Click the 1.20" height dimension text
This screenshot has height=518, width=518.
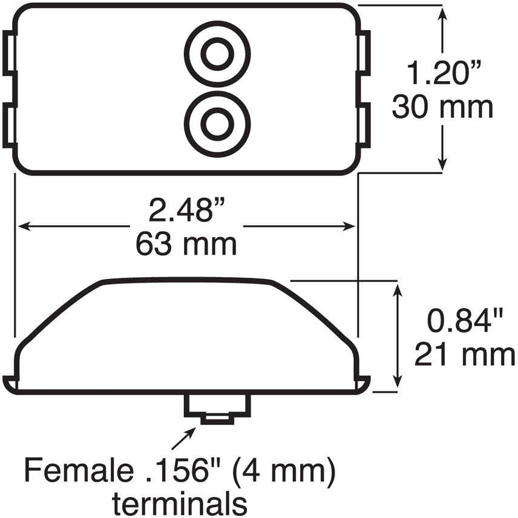442,75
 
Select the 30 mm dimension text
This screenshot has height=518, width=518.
442,108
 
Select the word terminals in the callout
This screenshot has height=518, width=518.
180,502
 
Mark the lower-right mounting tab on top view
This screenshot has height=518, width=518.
364,125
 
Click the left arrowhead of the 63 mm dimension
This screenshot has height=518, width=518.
22,226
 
